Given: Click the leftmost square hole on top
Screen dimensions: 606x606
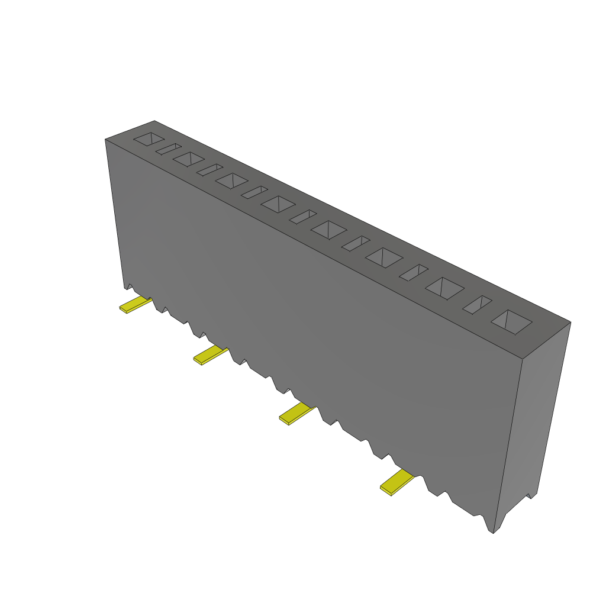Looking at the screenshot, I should point(149,139).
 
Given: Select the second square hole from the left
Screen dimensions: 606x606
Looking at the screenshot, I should point(189,159).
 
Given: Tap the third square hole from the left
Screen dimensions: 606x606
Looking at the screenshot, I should point(231,180).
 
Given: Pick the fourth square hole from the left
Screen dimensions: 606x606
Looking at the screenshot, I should point(278,204).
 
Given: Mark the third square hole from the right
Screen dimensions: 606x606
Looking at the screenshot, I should point(384,257).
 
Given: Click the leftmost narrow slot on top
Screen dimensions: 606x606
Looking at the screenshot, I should point(168,149).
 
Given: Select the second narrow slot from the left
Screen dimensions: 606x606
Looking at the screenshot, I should point(209,169).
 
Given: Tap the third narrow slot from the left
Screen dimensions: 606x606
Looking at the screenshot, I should point(254,192).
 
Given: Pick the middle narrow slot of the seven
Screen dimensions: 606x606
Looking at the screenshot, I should point(303,217).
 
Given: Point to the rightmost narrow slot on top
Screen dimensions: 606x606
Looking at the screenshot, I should point(477,304).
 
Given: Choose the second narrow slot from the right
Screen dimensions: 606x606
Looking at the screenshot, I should point(414,272).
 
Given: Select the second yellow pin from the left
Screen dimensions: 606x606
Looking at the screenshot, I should point(209,356).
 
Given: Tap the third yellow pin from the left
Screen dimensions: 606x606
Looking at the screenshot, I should point(295,413).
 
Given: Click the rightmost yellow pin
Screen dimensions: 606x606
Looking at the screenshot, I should point(396,482).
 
